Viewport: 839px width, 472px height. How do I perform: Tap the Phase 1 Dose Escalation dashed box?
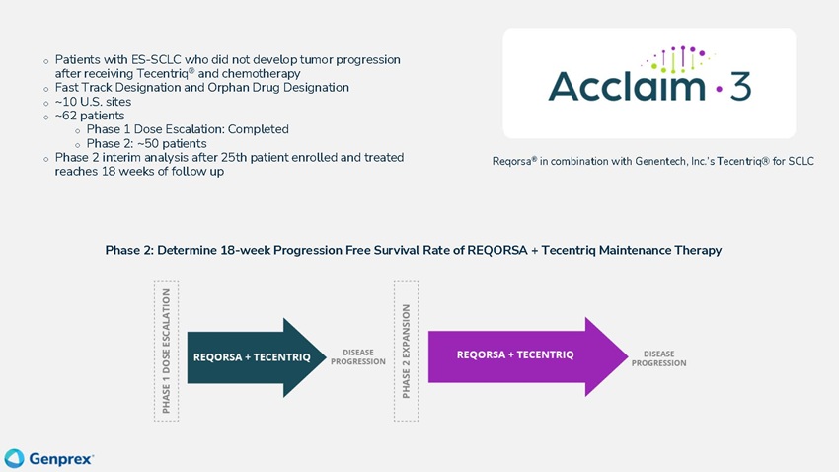166,351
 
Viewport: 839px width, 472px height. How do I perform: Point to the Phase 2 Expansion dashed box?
406,351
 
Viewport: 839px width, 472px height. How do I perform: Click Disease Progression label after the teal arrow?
357,356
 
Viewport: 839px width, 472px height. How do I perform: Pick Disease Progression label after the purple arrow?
658,357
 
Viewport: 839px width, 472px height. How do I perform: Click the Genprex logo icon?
14,458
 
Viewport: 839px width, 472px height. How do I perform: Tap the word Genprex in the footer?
60,459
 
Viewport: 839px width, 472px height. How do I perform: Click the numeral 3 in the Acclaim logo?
740,87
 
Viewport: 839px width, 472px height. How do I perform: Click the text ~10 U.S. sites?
93,102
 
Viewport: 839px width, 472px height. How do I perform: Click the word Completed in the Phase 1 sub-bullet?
258,129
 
